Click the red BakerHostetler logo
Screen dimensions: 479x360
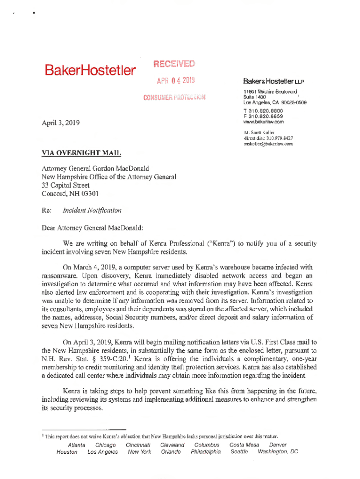pos(90,71)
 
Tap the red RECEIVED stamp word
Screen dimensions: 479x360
pos(173,64)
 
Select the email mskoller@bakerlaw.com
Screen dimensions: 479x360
pos(268,144)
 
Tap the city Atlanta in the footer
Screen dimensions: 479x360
pos(77,445)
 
